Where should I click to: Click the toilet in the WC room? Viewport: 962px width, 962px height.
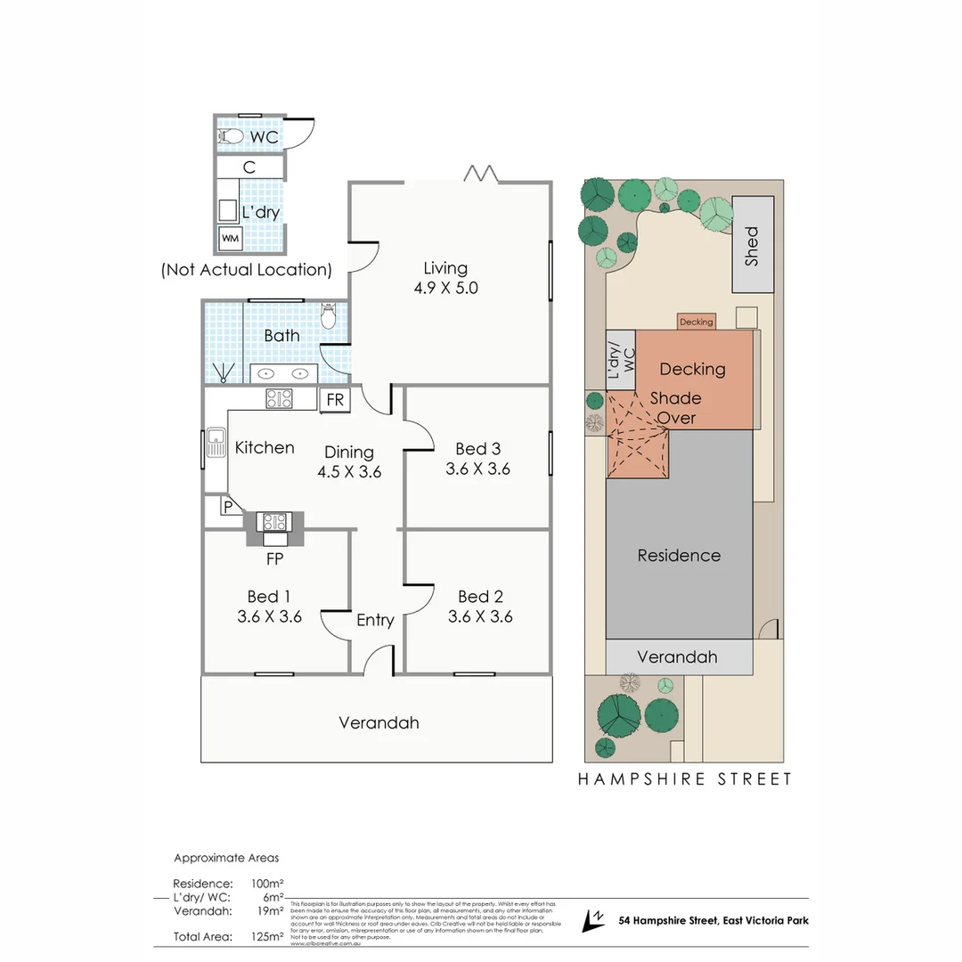(x=232, y=136)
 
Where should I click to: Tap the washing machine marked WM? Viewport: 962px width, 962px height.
(x=231, y=238)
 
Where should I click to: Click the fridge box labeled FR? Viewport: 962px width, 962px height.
(x=335, y=400)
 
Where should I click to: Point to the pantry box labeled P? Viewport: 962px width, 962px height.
(x=228, y=506)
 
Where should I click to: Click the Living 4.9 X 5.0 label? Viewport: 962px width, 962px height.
(x=445, y=278)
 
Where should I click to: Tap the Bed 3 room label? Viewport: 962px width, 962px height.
(x=477, y=449)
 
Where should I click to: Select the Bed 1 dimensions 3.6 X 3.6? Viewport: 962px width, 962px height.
(x=269, y=616)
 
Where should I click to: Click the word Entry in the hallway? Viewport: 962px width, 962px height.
(x=375, y=620)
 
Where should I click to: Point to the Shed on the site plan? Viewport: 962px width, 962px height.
(x=753, y=246)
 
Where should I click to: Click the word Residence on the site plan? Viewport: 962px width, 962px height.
(x=679, y=556)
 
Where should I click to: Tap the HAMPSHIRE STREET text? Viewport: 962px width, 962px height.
(x=685, y=779)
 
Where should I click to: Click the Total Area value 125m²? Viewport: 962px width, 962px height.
(x=267, y=936)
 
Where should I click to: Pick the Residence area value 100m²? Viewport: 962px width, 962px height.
(x=267, y=884)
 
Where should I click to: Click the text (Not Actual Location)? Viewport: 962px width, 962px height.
(x=247, y=270)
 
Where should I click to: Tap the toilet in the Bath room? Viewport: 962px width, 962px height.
(x=328, y=316)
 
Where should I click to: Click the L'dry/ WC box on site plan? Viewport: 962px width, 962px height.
(x=621, y=360)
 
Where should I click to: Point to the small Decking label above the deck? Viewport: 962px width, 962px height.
(x=696, y=322)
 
